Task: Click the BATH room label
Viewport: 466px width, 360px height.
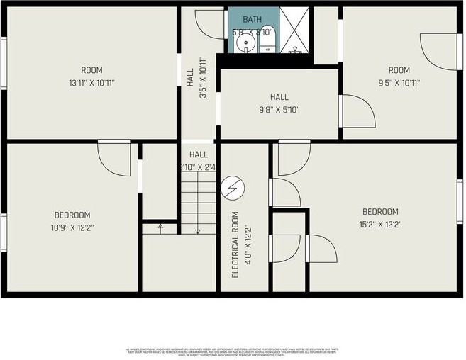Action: [x=253, y=19]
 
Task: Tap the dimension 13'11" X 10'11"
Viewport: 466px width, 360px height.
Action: [x=91, y=83]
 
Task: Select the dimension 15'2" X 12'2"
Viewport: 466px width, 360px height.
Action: [x=380, y=225]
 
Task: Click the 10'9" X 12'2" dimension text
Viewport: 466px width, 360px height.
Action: [x=72, y=228]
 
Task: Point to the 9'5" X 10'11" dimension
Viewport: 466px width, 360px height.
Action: [x=399, y=83]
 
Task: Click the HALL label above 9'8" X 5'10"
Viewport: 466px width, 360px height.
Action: [x=279, y=97]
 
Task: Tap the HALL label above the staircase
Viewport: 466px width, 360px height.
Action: [x=199, y=154]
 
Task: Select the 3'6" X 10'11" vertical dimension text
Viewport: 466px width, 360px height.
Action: [x=201, y=78]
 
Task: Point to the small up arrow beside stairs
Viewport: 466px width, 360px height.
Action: [x=160, y=227]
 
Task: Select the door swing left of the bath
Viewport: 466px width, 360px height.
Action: [x=211, y=24]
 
